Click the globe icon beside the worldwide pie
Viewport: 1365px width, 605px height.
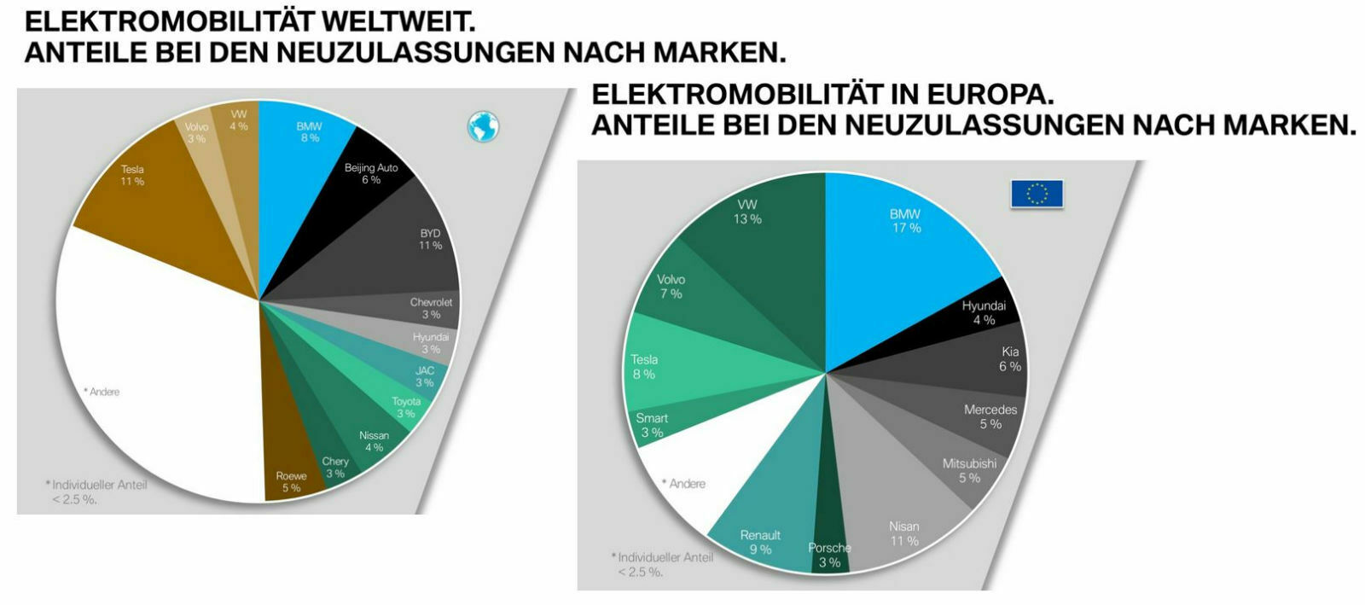pyautogui.click(x=483, y=127)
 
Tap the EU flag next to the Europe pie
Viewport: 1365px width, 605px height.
pyautogui.click(x=1037, y=194)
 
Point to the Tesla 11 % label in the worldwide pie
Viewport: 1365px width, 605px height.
pyautogui.click(x=132, y=175)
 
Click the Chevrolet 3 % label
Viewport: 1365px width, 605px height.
pyautogui.click(x=431, y=308)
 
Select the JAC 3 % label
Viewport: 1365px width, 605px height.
pyautogui.click(x=425, y=376)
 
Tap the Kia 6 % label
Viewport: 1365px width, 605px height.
pyautogui.click(x=1009, y=358)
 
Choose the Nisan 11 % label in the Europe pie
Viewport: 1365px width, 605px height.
pyautogui.click(x=904, y=533)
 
